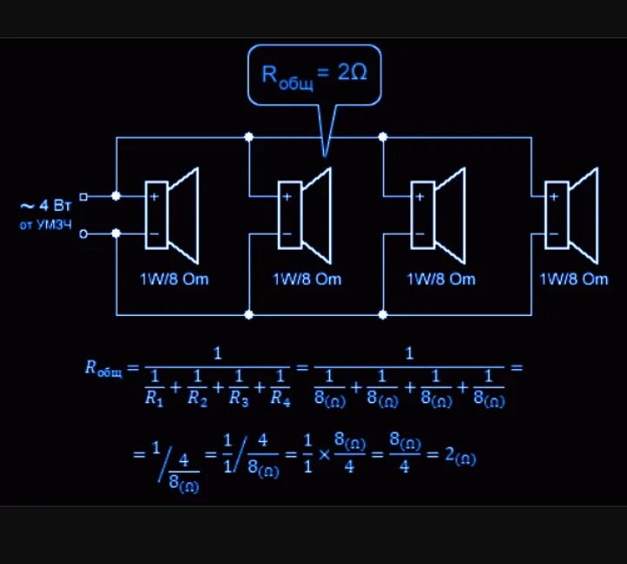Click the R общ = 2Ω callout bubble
pyautogui.click(x=314, y=74)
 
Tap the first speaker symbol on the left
pyautogui.click(x=172, y=214)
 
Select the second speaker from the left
pyautogui.click(x=305, y=214)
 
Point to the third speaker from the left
pyautogui.click(x=438, y=214)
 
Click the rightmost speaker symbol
pyautogui.click(x=571, y=214)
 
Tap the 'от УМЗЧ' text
pyautogui.click(x=46, y=225)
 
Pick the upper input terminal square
pyautogui.click(x=84, y=196)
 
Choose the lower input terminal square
pyautogui.click(x=84, y=233)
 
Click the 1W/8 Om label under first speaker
pyautogui.click(x=174, y=279)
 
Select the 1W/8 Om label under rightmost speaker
pyautogui.click(x=574, y=279)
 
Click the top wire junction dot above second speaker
pyautogui.click(x=249, y=137)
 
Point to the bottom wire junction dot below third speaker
pyautogui.click(x=383, y=314)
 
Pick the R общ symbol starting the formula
pyautogui.click(x=103, y=368)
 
